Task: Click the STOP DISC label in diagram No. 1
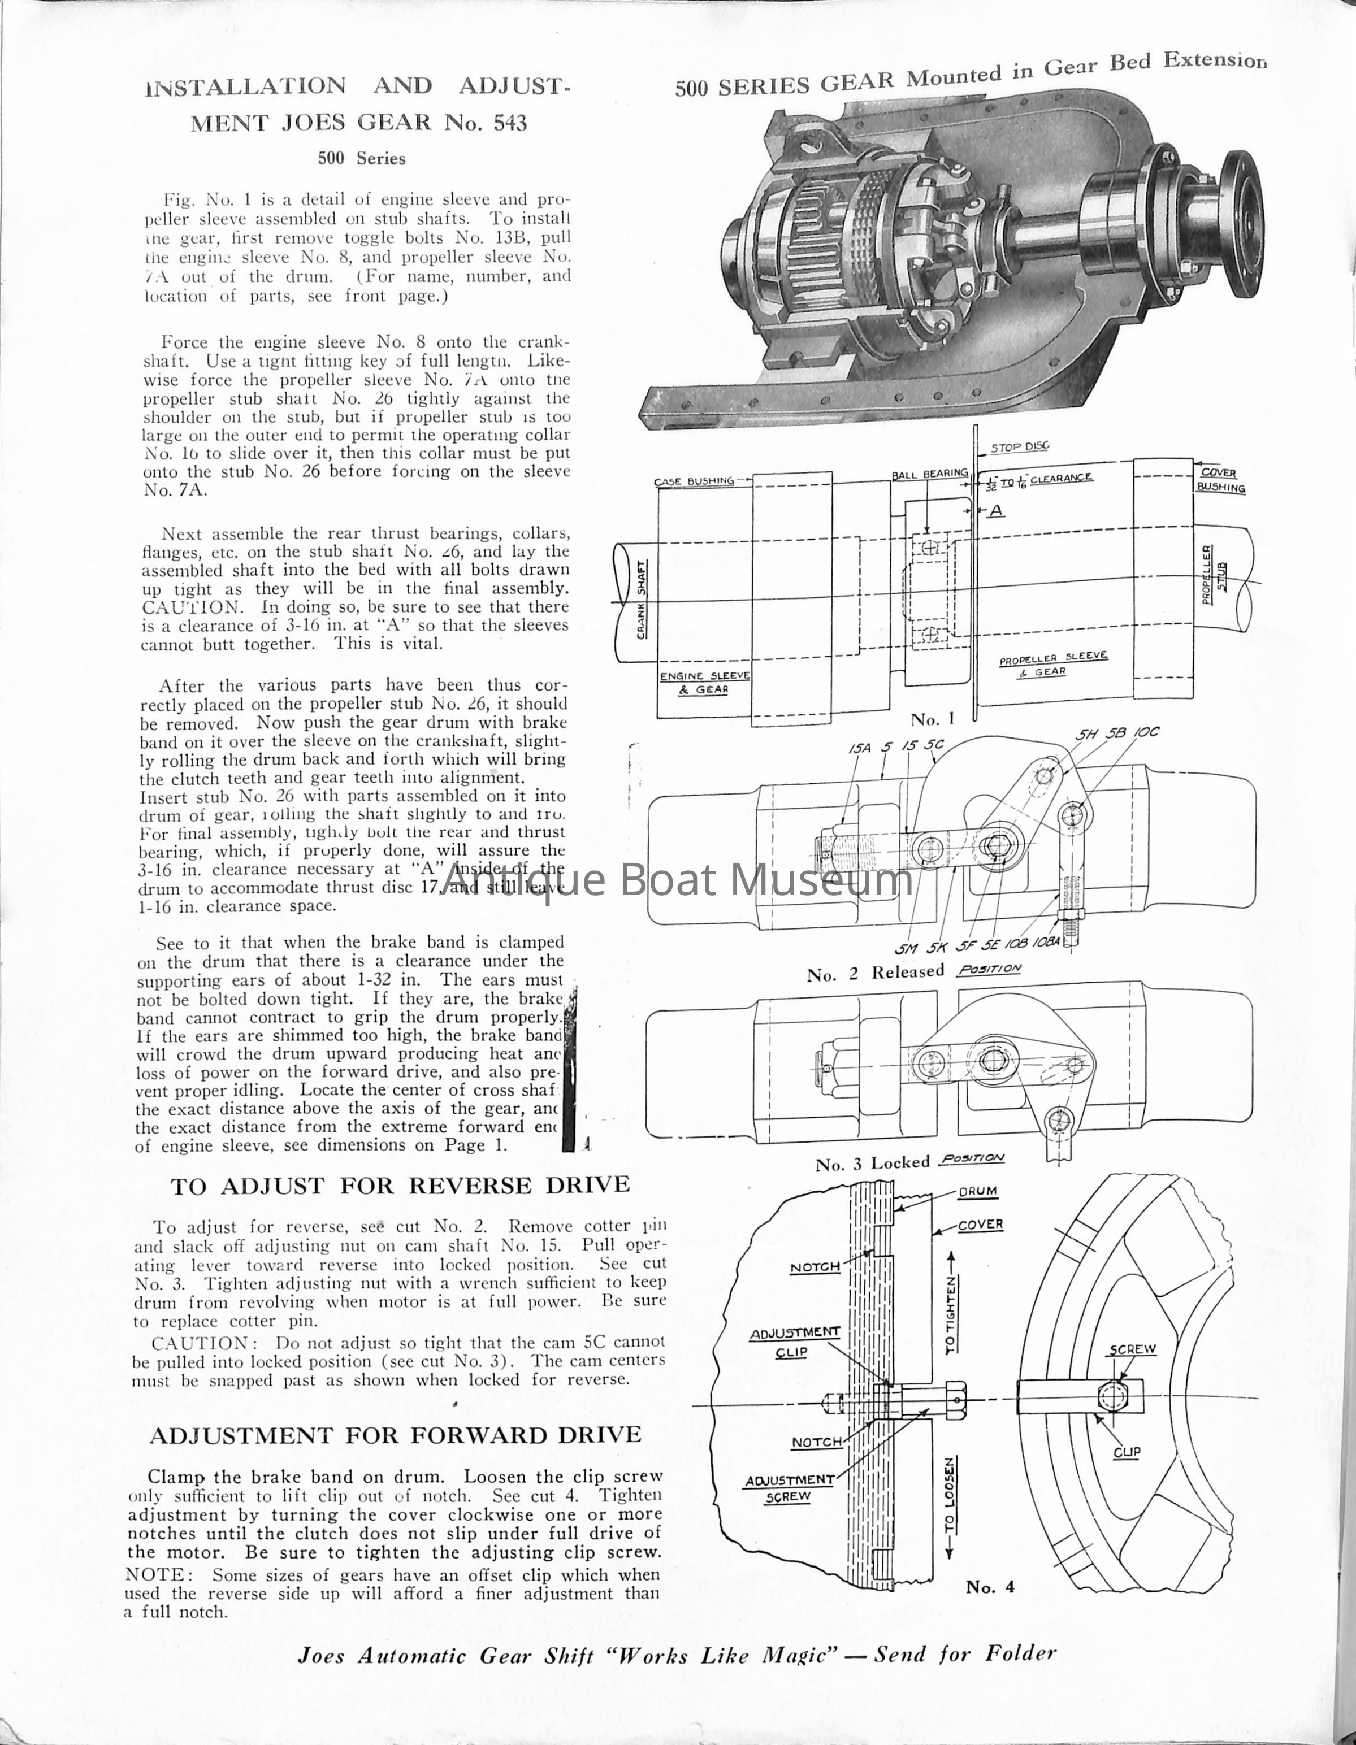point(1020,448)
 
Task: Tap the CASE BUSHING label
point(694,481)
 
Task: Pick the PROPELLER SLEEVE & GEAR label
point(1053,664)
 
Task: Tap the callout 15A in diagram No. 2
point(859,749)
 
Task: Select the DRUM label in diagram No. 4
point(977,1191)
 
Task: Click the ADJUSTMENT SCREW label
point(789,1488)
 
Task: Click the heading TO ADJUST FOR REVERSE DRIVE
point(400,1186)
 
